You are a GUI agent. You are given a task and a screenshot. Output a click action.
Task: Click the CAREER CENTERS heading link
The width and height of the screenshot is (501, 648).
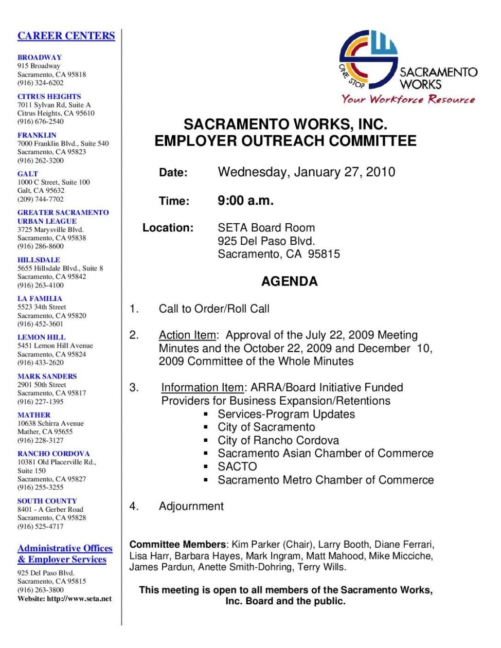[x=66, y=35]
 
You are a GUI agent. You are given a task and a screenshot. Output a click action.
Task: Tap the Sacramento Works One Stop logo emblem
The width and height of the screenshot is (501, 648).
[x=368, y=59]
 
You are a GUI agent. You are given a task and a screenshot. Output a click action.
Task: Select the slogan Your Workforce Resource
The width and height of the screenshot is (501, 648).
[x=408, y=99]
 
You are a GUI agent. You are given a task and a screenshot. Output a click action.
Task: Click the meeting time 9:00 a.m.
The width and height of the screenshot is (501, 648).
[x=245, y=201]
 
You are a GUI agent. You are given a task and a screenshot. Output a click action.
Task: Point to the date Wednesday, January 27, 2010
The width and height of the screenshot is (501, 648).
[x=306, y=172]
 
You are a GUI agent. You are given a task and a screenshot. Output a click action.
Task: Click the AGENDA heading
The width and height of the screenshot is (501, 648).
[x=289, y=281]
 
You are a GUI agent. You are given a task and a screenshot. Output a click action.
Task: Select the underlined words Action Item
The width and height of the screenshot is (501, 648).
[x=187, y=335]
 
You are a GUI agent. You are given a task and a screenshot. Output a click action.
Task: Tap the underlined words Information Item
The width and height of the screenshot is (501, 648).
[x=202, y=388]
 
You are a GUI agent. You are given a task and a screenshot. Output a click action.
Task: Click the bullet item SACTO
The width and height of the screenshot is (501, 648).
[x=237, y=466]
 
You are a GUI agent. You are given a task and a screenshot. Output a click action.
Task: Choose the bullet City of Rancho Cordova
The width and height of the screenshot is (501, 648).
[x=278, y=440]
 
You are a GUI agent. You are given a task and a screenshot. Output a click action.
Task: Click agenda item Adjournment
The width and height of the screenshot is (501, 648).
[x=191, y=506]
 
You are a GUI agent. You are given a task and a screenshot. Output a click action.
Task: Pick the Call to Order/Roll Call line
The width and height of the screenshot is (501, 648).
[x=214, y=309]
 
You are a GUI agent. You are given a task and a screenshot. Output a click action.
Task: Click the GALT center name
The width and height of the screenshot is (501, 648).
[x=28, y=174]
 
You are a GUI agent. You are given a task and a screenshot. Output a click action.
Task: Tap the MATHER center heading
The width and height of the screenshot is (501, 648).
[x=34, y=415]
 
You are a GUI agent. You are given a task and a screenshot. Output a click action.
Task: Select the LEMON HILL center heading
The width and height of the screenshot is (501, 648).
[x=41, y=337]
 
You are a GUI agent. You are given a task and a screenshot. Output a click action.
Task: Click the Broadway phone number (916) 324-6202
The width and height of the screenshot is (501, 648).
[x=41, y=83]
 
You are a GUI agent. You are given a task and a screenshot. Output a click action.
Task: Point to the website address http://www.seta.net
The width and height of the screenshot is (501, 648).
[x=79, y=599]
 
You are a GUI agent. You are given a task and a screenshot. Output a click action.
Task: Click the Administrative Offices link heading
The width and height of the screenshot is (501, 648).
[x=65, y=548]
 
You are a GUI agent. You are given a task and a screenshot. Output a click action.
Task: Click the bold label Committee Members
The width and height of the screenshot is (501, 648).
[x=177, y=544]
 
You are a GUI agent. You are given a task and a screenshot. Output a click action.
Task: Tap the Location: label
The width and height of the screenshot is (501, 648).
[x=168, y=228]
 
